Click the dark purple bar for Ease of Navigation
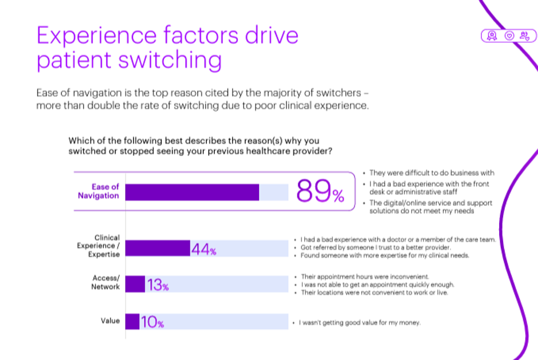click(x=192, y=192)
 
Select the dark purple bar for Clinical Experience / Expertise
click(x=158, y=248)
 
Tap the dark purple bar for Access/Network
click(x=135, y=284)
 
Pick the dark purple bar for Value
click(x=132, y=321)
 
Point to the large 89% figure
click(x=320, y=192)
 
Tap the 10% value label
click(x=152, y=323)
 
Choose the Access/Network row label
click(x=105, y=282)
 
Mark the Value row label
click(x=110, y=321)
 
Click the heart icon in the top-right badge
click(x=508, y=36)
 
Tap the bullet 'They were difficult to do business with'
click(x=432, y=173)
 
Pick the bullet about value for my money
click(x=360, y=323)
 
